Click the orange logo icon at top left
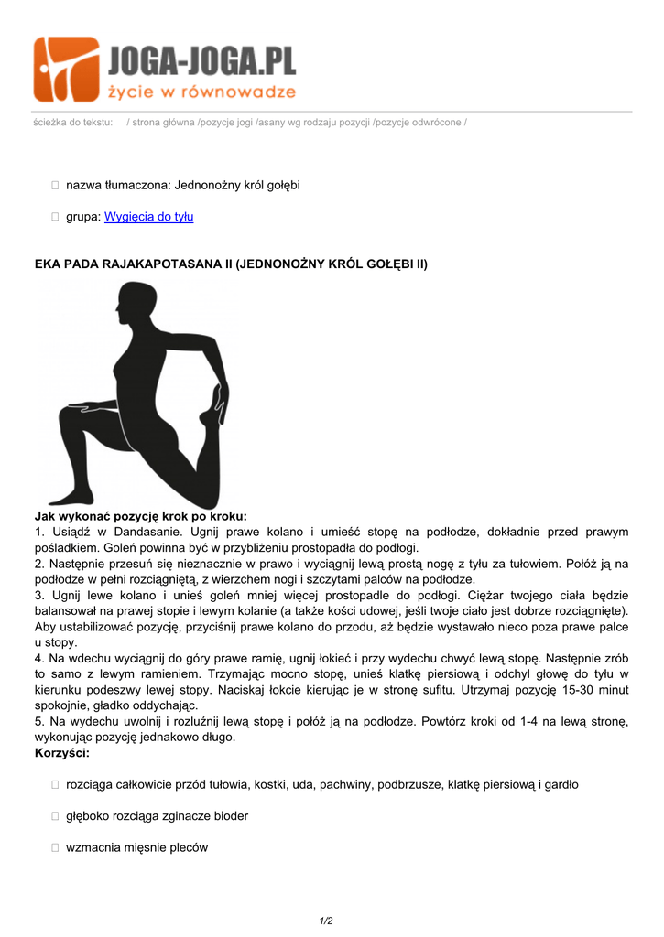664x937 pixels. tap(66, 70)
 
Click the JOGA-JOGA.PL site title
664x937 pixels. tap(202, 61)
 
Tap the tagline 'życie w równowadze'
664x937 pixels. tap(202, 92)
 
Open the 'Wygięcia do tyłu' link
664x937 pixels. tap(148, 217)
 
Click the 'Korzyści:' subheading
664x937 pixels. tap(62, 752)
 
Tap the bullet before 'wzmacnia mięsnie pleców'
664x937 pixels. tap(55, 848)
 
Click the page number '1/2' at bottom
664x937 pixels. tap(326, 921)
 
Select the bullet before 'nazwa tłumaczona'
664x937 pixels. tap(55, 186)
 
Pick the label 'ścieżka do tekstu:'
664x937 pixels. tap(72, 122)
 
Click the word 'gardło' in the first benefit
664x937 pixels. tap(561, 784)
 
